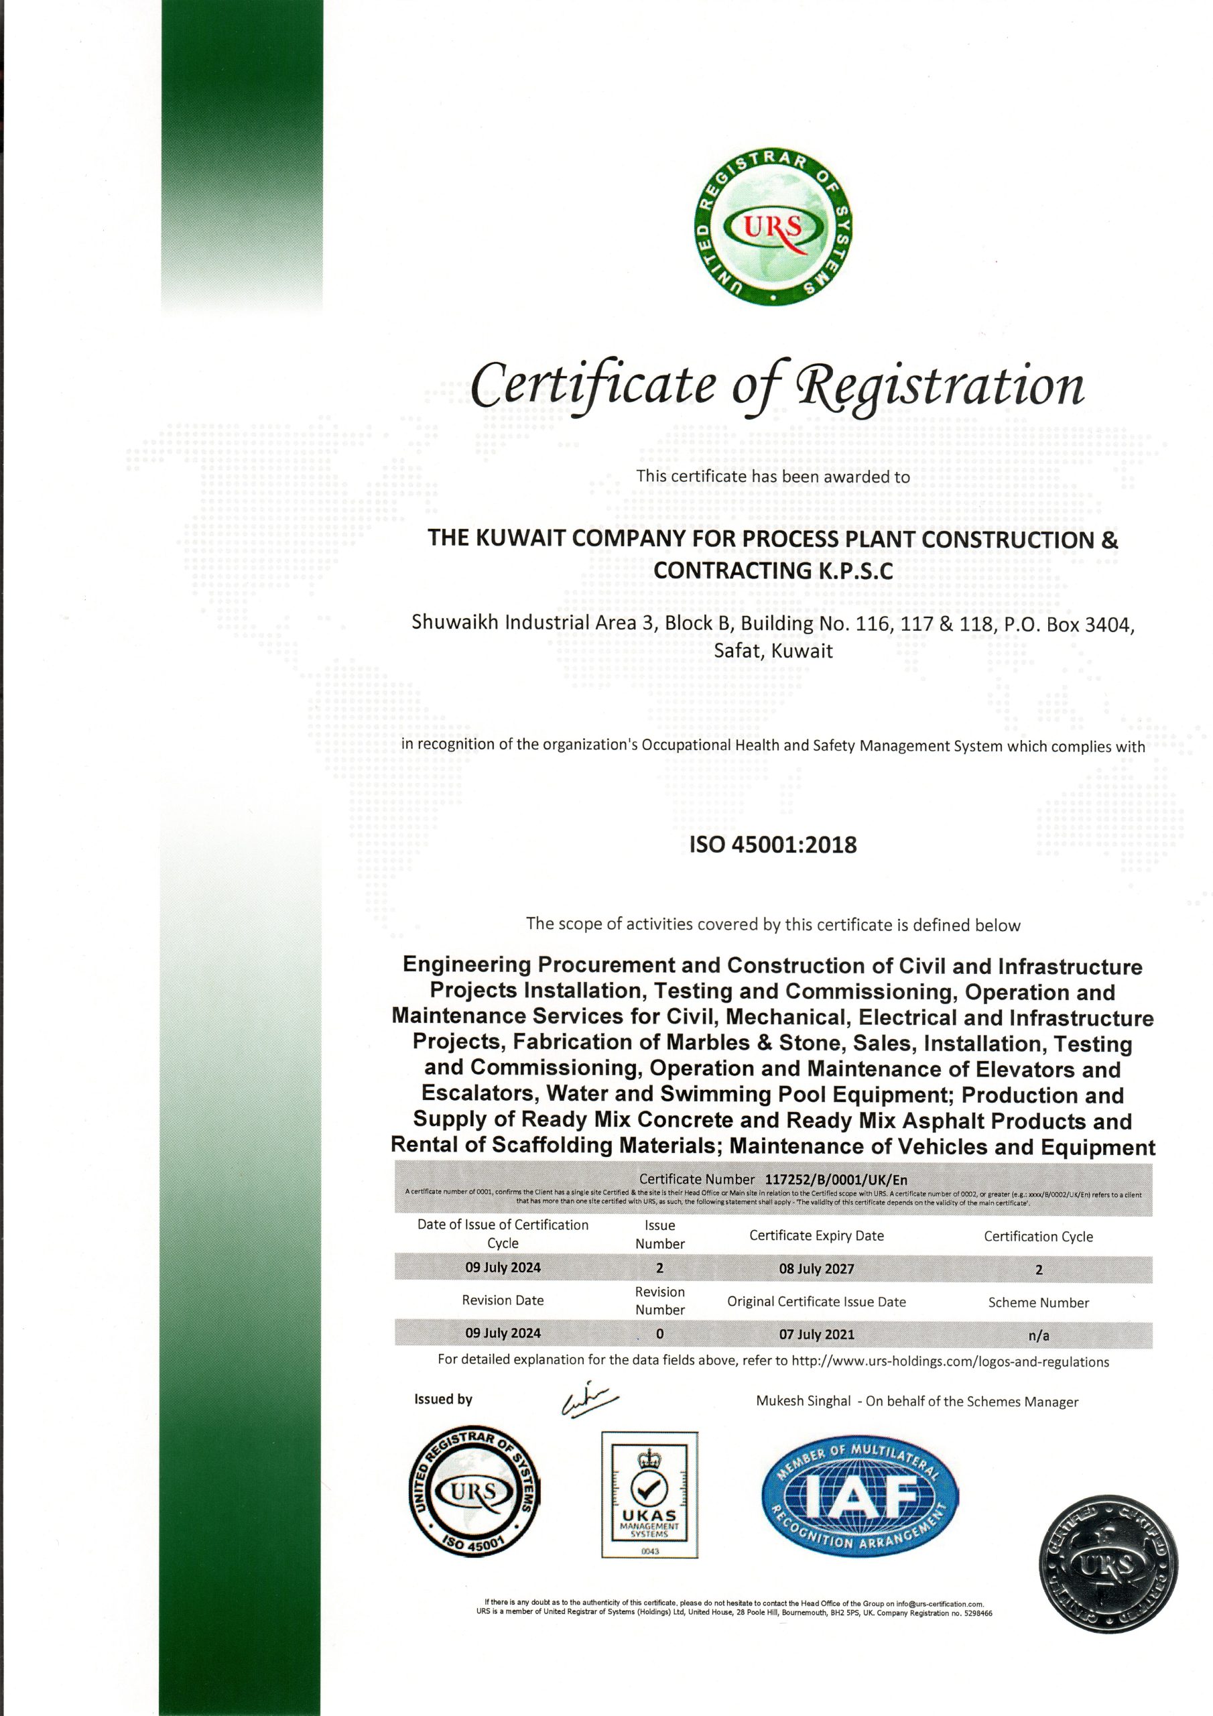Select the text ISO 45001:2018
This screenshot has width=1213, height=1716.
(x=772, y=845)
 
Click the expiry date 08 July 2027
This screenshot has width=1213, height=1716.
(x=816, y=1268)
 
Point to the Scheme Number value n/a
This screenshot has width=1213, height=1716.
(x=1038, y=1335)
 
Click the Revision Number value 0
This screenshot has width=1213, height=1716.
(x=659, y=1334)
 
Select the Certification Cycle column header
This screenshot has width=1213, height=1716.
(x=1038, y=1236)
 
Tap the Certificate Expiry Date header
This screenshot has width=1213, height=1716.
(x=816, y=1235)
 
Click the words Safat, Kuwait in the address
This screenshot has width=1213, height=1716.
(x=773, y=650)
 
